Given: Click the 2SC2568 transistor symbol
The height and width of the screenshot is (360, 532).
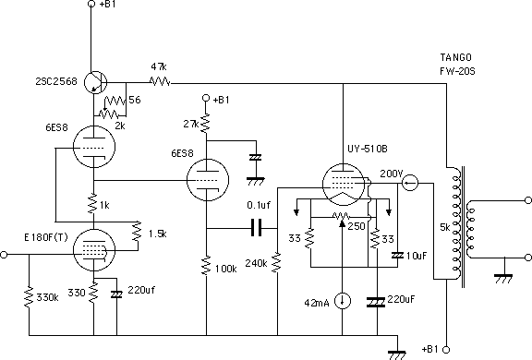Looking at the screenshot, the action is (x=96, y=82).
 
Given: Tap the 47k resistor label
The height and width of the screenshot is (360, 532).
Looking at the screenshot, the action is (x=159, y=66).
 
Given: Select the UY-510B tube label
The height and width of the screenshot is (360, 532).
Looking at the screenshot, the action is (x=367, y=149).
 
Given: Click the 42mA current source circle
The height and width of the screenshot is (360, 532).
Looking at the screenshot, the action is (x=343, y=301).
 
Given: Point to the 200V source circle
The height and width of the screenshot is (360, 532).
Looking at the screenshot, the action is (x=410, y=183).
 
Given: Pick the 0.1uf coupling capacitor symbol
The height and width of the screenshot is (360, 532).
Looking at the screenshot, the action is (x=256, y=228).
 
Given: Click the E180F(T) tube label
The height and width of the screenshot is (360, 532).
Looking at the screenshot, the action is (x=46, y=237).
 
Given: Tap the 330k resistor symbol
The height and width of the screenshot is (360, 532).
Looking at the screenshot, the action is (x=29, y=297).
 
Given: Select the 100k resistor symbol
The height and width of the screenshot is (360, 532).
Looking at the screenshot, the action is (x=206, y=266).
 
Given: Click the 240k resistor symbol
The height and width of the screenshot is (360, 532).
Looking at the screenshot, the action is (x=277, y=262).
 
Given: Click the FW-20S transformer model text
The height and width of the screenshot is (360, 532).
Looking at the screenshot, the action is (x=457, y=71).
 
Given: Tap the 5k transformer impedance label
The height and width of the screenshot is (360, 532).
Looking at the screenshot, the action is (x=444, y=227).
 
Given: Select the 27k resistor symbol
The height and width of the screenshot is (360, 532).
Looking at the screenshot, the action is (x=206, y=124).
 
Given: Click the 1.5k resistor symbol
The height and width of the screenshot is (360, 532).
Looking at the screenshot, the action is (x=137, y=232).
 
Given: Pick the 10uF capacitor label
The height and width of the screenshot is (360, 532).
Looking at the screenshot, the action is (x=417, y=256).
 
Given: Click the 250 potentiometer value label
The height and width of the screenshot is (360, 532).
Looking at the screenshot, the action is (x=357, y=226).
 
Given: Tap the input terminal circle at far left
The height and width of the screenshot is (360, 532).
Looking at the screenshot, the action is (x=4, y=254).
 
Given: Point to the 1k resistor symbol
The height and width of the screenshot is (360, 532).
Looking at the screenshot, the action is (x=93, y=204).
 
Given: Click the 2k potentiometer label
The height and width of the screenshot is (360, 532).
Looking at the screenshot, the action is (x=120, y=126).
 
